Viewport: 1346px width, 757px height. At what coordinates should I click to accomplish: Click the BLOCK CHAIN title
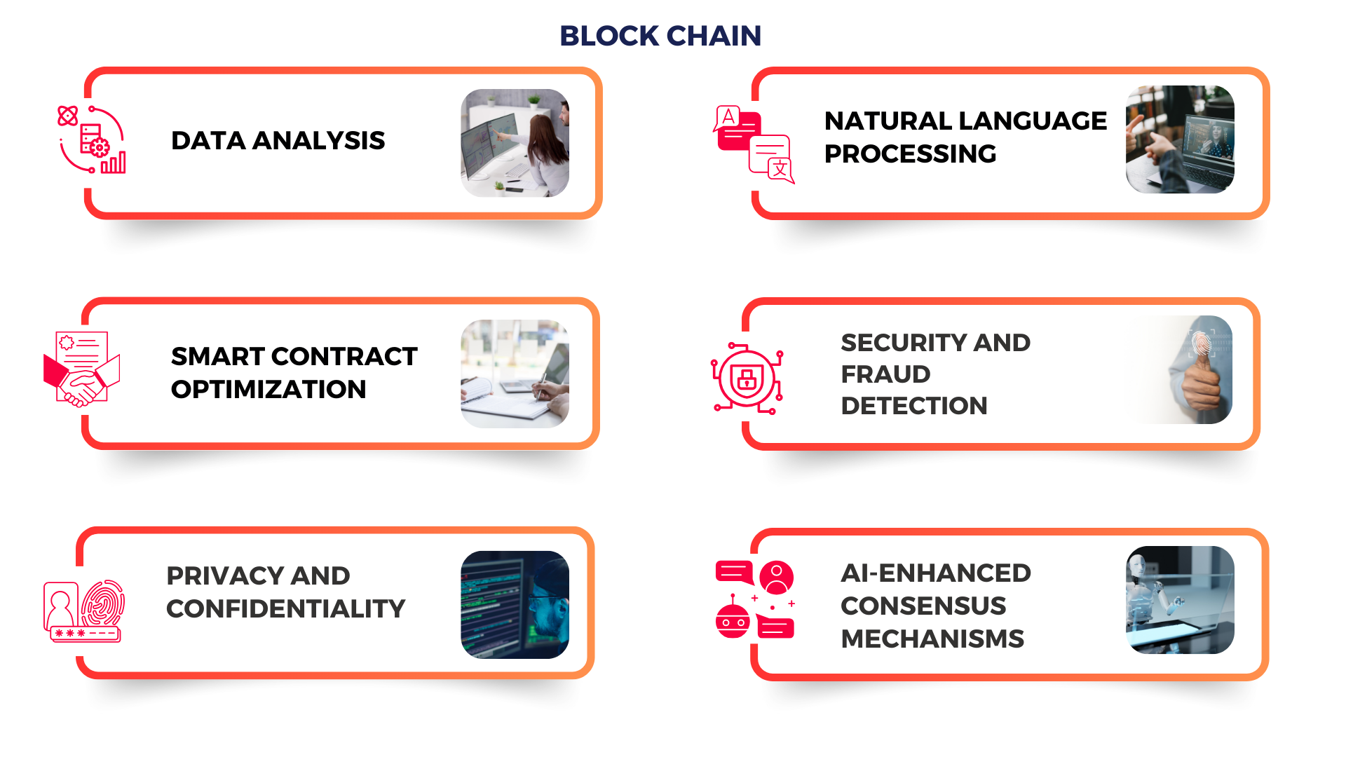coord(660,36)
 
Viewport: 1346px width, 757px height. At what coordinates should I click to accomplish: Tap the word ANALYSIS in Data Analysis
coord(318,140)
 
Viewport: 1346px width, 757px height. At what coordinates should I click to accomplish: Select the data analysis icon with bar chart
coord(92,139)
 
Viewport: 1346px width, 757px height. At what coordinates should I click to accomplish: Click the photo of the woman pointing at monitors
coord(515,143)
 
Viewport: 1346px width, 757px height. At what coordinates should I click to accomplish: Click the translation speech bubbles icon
coord(754,144)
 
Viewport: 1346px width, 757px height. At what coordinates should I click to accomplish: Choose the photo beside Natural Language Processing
coord(1180,139)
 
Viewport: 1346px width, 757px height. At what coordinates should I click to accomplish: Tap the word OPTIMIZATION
coord(268,389)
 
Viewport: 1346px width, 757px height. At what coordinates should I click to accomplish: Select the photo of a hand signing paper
coord(515,374)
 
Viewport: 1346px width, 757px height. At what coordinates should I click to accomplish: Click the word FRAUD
coord(885,374)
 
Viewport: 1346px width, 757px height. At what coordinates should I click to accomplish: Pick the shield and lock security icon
coord(747,378)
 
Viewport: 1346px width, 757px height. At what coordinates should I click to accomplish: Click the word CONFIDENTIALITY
coord(286,608)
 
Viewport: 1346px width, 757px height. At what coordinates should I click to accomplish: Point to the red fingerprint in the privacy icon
coord(104,602)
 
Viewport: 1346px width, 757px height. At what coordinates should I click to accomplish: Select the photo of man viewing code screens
coord(515,604)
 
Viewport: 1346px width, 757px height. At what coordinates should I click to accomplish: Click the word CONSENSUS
coord(923,606)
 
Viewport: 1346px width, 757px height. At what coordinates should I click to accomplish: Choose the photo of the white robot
coord(1180,600)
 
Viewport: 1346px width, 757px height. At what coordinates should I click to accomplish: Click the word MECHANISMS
coord(932,639)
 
